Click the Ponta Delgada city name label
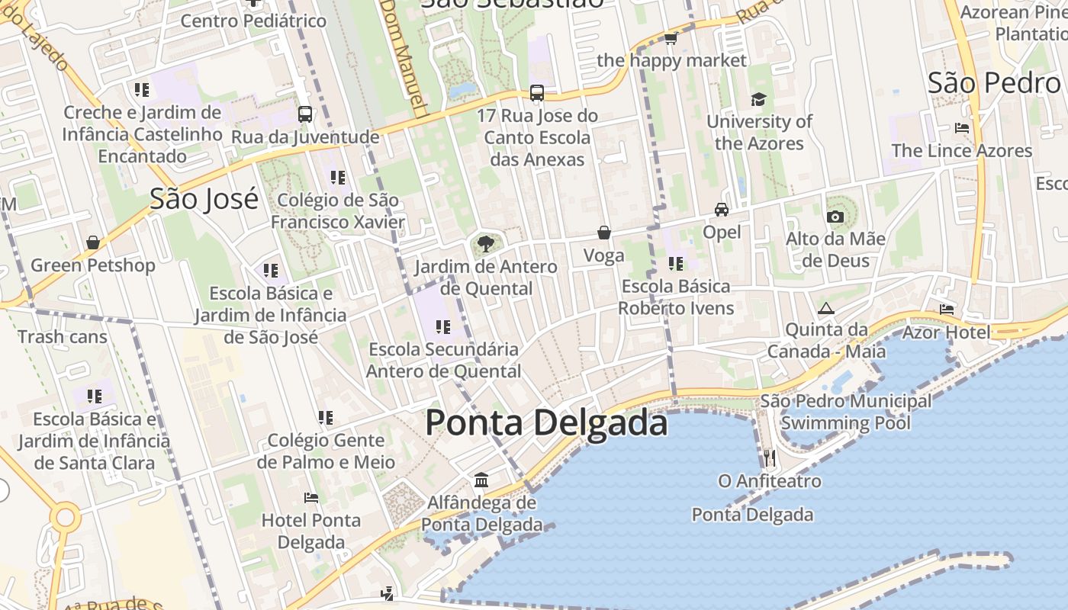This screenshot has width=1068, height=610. click(x=546, y=422)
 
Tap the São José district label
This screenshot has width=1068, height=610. click(x=204, y=199)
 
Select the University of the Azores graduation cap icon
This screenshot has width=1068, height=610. click(x=758, y=100)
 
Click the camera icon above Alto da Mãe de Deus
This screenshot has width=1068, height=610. click(x=835, y=217)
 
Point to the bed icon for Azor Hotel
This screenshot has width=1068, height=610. click(x=947, y=310)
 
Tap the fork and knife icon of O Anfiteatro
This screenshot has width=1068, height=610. click(x=769, y=458)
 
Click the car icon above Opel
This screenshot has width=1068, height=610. click(x=722, y=210)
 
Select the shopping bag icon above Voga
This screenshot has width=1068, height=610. click(x=604, y=233)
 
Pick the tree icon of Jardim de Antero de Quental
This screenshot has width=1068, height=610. click(x=485, y=245)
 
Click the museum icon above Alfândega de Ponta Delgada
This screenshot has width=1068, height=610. click(x=481, y=480)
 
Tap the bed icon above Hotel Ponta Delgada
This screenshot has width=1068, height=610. click(x=311, y=498)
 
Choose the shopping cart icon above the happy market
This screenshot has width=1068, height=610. click(x=671, y=38)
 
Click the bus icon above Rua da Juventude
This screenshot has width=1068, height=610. click(x=305, y=114)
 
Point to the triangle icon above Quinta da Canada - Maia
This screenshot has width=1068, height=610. click(x=825, y=309)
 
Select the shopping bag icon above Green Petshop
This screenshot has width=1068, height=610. click(x=93, y=242)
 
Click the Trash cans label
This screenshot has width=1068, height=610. click(x=63, y=336)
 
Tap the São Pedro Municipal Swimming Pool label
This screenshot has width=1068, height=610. click(x=845, y=412)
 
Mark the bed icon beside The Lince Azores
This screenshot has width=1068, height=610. click(x=962, y=128)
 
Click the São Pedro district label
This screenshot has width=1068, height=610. click(x=994, y=82)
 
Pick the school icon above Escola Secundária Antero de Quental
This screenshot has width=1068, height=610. click(x=443, y=327)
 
